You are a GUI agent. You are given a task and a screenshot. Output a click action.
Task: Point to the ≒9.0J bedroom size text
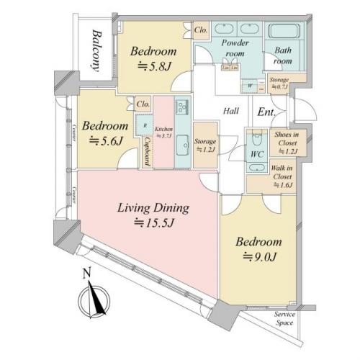[x=257, y=257]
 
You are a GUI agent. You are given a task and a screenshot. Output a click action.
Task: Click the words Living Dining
[x=153, y=209]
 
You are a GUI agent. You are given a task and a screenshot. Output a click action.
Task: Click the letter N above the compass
[x=86, y=273]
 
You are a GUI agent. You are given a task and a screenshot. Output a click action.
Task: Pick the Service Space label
[x=289, y=319]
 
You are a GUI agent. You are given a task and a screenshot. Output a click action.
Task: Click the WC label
[x=256, y=153]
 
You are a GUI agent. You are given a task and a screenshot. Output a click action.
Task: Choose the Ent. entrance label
[x=266, y=112]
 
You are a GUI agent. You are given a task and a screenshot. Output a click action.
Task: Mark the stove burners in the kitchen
[x=181, y=107]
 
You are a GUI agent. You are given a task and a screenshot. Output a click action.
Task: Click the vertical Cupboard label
[x=147, y=150]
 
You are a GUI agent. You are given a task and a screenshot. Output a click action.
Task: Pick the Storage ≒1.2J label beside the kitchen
[x=205, y=147]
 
